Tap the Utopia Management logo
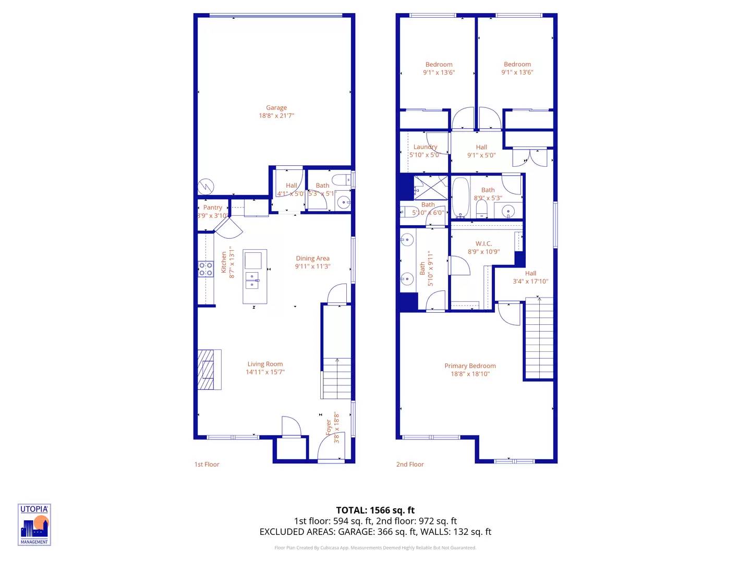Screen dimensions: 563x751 pos(34,525)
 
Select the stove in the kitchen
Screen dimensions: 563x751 pos(205,270)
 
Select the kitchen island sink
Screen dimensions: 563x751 pos(252,280)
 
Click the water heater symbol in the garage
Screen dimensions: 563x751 pos(205,187)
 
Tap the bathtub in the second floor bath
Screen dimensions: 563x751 pos(460,198)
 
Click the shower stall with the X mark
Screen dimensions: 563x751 pos(431,188)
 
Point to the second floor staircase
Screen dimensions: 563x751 pos(539,338)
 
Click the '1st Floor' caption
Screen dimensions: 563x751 pos(207,464)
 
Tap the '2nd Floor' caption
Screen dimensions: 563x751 pos(410,464)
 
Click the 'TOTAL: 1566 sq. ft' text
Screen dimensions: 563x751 pos(375,510)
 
